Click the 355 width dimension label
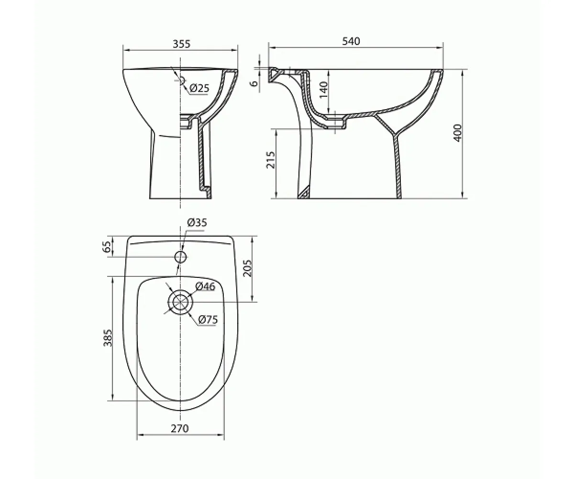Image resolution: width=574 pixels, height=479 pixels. pos(181,44)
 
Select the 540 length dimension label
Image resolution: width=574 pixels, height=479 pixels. pos(351,41)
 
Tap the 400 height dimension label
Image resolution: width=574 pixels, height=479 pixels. pos(457,133)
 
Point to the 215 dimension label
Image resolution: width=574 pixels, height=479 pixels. pos(271,160)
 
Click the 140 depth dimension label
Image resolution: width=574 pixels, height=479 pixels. pos(324,90)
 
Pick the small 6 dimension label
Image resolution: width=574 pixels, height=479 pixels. pos(255,83)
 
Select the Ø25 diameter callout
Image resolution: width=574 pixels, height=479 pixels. pos(199,88)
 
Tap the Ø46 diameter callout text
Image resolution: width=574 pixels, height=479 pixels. pos(205,286)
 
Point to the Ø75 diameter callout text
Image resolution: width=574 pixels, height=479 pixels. pos(208,319)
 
